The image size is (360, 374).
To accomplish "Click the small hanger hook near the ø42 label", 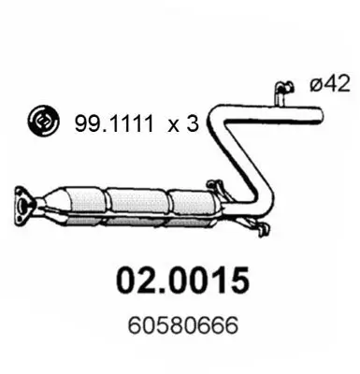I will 279,90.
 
